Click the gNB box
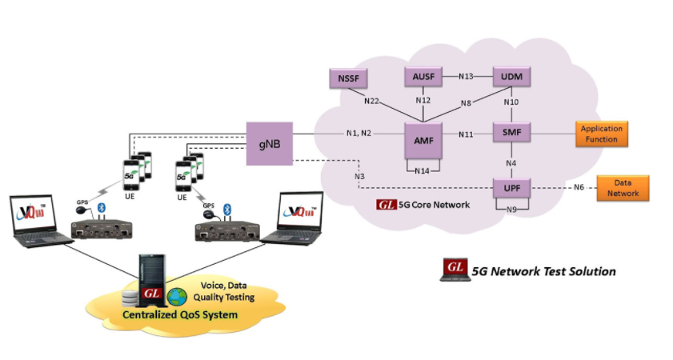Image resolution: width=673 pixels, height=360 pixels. click(x=269, y=144)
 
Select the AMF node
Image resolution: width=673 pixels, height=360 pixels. click(x=423, y=141)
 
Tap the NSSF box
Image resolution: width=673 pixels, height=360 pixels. click(x=347, y=78)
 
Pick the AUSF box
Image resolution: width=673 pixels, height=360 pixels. click(x=423, y=77)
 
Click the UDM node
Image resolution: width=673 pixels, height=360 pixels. click(x=511, y=77)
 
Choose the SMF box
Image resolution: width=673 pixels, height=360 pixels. click(x=511, y=134)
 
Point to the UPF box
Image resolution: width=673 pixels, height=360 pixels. click(x=511, y=190)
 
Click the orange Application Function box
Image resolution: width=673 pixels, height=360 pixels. click(x=602, y=134)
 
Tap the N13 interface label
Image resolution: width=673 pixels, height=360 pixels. click(x=467, y=77)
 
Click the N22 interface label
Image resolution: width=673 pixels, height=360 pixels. click(x=371, y=102)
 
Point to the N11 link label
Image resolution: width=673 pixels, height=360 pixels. click(x=467, y=134)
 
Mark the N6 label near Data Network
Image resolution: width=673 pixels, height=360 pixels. click(x=578, y=188)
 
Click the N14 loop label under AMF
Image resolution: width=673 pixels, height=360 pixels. click(x=423, y=170)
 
